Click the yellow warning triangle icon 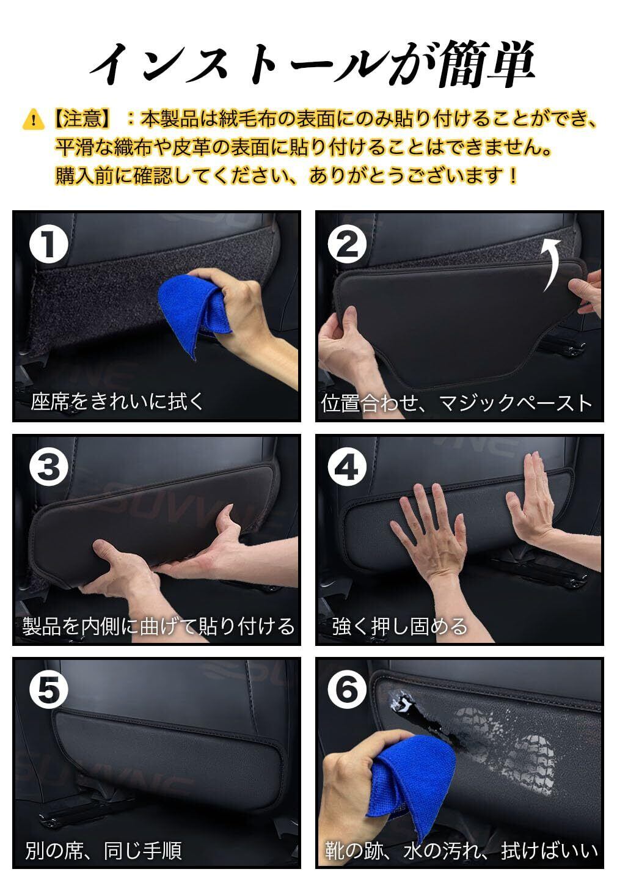click(34, 119)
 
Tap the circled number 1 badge click(49, 244)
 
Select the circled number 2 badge click(347, 244)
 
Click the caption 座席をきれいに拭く click(117, 402)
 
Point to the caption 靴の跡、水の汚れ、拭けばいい click(461, 849)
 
